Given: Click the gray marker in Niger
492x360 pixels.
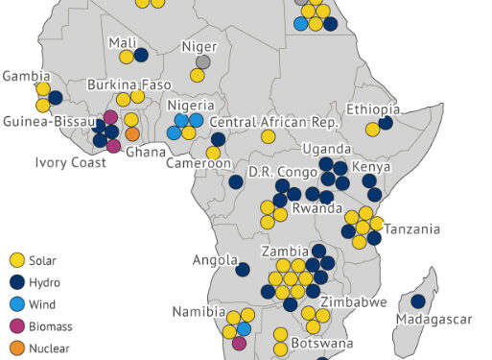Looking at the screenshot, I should coord(203,61).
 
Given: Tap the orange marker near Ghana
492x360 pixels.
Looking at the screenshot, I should coord(132,134).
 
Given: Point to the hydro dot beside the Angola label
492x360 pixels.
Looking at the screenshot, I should coord(243,270).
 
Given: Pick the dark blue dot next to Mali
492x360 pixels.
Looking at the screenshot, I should coord(141,55).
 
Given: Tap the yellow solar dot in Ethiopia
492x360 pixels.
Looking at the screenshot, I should coord(372,130).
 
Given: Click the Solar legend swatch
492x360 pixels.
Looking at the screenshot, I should coord(15,260).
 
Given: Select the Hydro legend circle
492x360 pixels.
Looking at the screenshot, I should coord(15,282).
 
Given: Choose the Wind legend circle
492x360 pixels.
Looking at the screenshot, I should coord(15,304).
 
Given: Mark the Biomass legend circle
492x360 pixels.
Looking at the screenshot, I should coord(15,326).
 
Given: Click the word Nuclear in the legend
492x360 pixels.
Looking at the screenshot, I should coord(50,348).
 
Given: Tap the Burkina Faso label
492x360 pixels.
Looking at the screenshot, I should coord(129,84).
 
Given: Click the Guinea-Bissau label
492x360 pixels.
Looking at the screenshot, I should coord(48,122).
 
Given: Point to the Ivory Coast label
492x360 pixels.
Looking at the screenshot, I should coord(72,162).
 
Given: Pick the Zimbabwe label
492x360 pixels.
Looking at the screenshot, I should coord(354,301).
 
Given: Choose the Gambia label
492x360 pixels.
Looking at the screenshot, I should coord(26,76).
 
